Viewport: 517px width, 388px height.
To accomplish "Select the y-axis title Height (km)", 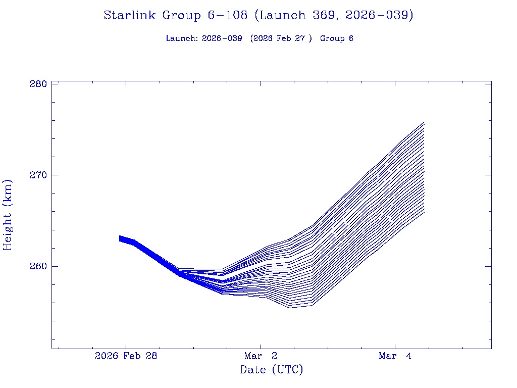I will (x=8, y=215).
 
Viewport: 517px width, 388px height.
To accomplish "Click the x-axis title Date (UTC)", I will (x=272, y=370).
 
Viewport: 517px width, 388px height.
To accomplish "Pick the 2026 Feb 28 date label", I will (x=126, y=356).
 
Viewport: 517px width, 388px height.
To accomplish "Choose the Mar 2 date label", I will (x=261, y=356).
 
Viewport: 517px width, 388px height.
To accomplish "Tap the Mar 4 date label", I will (x=395, y=356).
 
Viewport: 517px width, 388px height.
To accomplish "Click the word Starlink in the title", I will (x=130, y=16).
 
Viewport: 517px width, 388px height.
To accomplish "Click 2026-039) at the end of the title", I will (x=379, y=16).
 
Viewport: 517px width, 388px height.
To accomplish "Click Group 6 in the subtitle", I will (x=337, y=39).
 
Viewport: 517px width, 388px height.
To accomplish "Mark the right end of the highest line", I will (x=424, y=122).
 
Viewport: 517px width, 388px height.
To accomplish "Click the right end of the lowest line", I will (x=424, y=212).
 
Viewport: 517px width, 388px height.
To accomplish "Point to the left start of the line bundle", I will (x=120, y=238).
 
